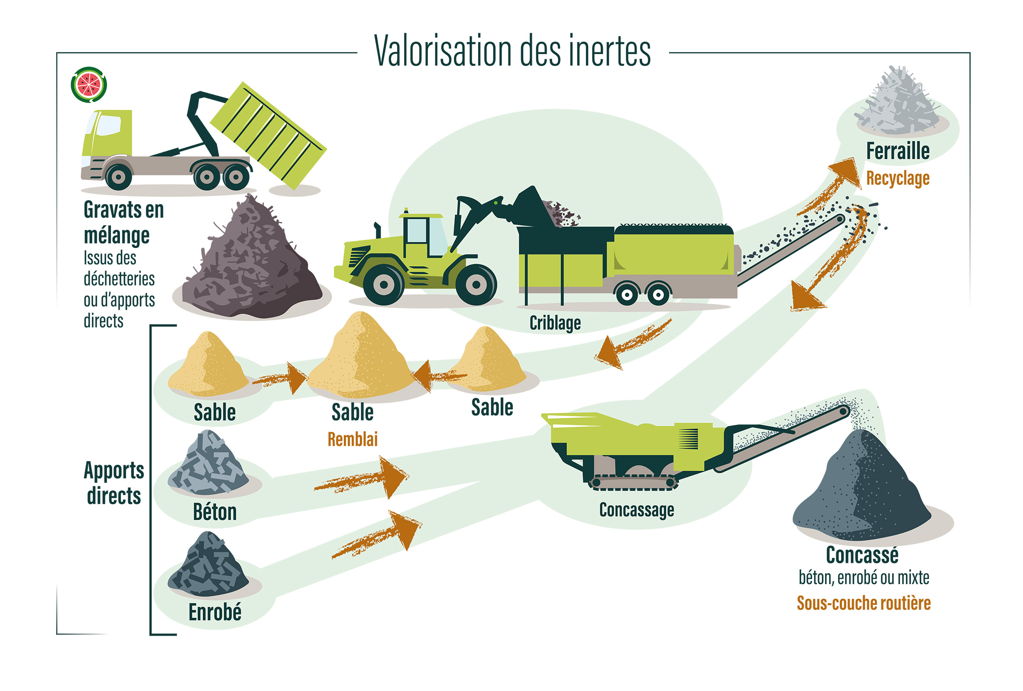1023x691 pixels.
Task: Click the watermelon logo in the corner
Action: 89,84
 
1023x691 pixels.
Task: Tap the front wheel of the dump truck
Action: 118,177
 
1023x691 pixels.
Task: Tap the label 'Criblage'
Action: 555,323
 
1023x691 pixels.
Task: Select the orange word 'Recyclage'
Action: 898,178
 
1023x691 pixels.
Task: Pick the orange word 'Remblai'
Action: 353,439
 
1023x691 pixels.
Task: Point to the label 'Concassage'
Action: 637,510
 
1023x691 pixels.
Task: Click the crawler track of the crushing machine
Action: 633,482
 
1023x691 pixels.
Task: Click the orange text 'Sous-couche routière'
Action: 864,603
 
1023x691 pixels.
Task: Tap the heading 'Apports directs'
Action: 114,483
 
